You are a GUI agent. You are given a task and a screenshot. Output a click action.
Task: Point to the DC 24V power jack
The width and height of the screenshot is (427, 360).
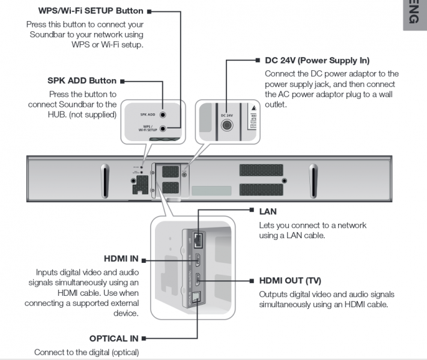pos(226,125)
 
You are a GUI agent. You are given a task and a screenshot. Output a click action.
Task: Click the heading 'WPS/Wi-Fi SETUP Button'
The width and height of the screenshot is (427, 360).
pos(91,11)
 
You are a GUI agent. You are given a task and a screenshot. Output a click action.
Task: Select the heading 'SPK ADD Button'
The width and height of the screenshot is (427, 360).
pos(82,80)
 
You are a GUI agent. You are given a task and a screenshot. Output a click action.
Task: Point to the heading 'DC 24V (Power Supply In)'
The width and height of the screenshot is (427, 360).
pos(317,61)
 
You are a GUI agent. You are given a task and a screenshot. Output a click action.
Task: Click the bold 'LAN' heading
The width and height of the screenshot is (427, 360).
pos(268,212)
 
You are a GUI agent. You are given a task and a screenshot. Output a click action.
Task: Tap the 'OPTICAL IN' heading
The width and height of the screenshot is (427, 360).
pos(115,338)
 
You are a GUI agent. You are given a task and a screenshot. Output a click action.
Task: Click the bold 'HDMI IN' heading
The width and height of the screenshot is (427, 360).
pos(121,259)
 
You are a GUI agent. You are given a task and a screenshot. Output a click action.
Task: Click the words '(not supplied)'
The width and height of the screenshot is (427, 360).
pos(95,114)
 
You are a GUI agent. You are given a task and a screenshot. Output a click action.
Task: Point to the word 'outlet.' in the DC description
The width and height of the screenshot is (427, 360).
pos(276,104)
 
